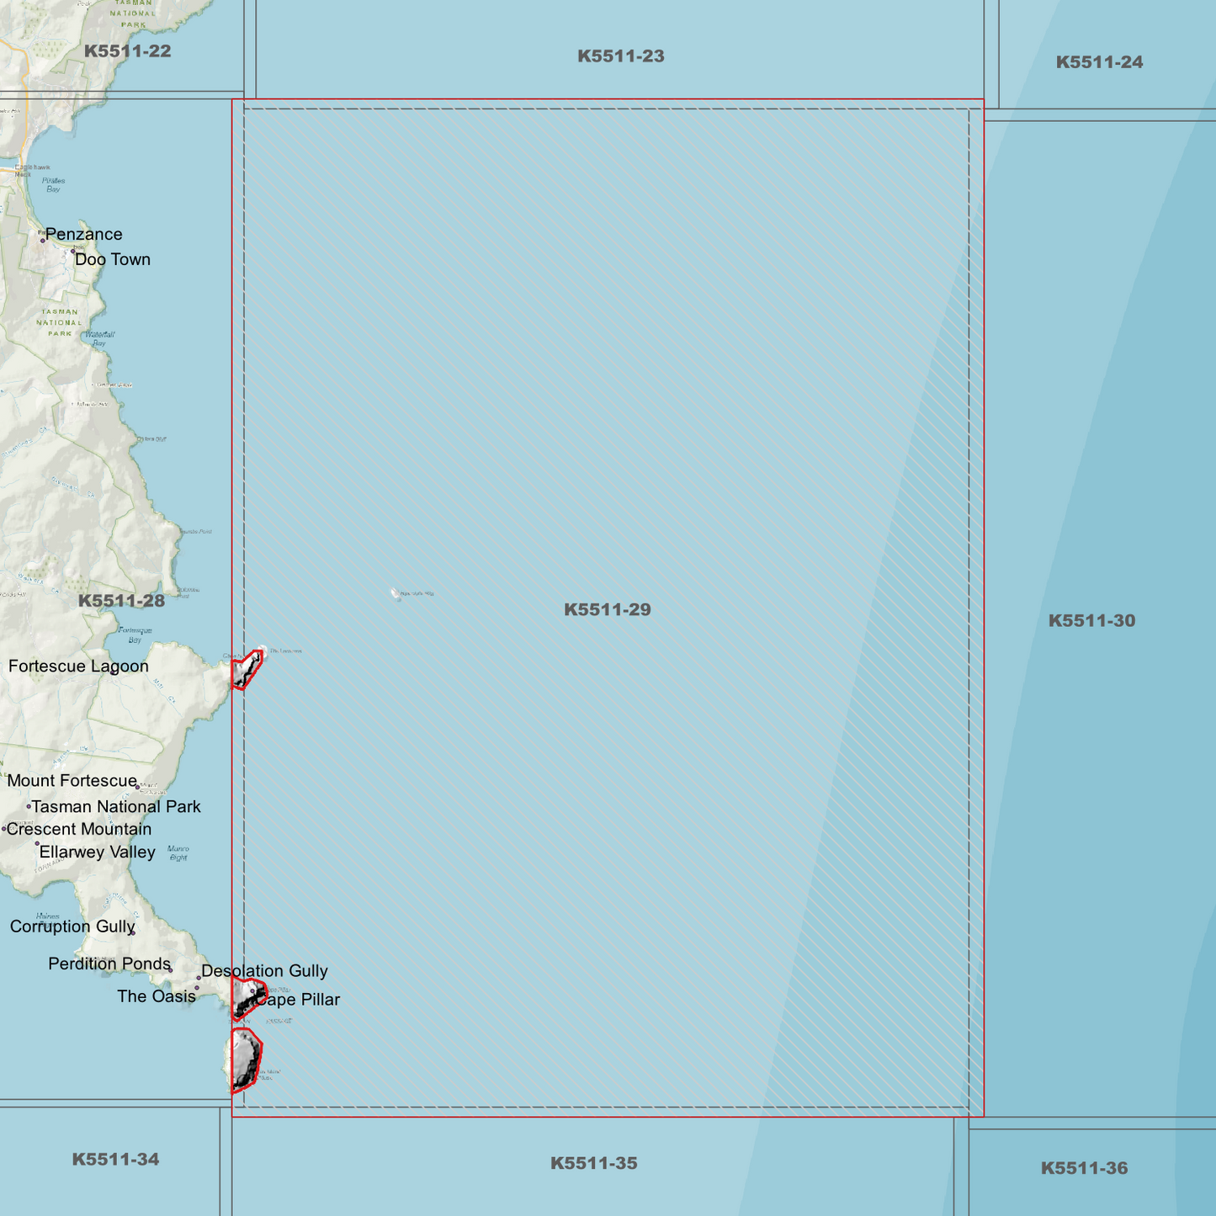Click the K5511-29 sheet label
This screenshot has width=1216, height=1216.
click(x=607, y=609)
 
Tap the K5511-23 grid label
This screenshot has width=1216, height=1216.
click(x=620, y=56)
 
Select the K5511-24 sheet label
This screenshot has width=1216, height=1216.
click(x=1099, y=62)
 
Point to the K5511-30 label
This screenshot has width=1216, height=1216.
click(x=1091, y=621)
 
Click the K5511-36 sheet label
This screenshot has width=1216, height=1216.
click(x=1084, y=1168)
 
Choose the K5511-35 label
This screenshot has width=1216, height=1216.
click(x=593, y=1163)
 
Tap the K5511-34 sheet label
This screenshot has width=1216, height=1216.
click(x=115, y=1159)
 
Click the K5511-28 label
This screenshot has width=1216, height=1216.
click(x=121, y=601)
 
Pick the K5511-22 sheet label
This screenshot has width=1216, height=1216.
click(x=127, y=51)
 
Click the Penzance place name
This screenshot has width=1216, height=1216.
click(x=83, y=234)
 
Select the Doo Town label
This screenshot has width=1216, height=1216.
click(x=113, y=259)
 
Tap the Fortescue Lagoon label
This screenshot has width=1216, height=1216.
click(x=78, y=666)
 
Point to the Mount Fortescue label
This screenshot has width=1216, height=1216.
click(x=72, y=781)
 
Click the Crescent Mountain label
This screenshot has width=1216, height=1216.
click(x=79, y=829)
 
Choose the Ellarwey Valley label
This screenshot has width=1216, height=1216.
click(x=97, y=852)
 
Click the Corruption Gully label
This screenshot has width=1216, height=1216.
click(x=72, y=927)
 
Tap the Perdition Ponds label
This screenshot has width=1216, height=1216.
click(x=109, y=964)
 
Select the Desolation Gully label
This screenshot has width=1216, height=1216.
click(x=264, y=971)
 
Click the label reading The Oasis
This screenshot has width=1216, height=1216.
click(x=156, y=996)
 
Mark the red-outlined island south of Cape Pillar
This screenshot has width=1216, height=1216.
click(x=246, y=1060)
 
